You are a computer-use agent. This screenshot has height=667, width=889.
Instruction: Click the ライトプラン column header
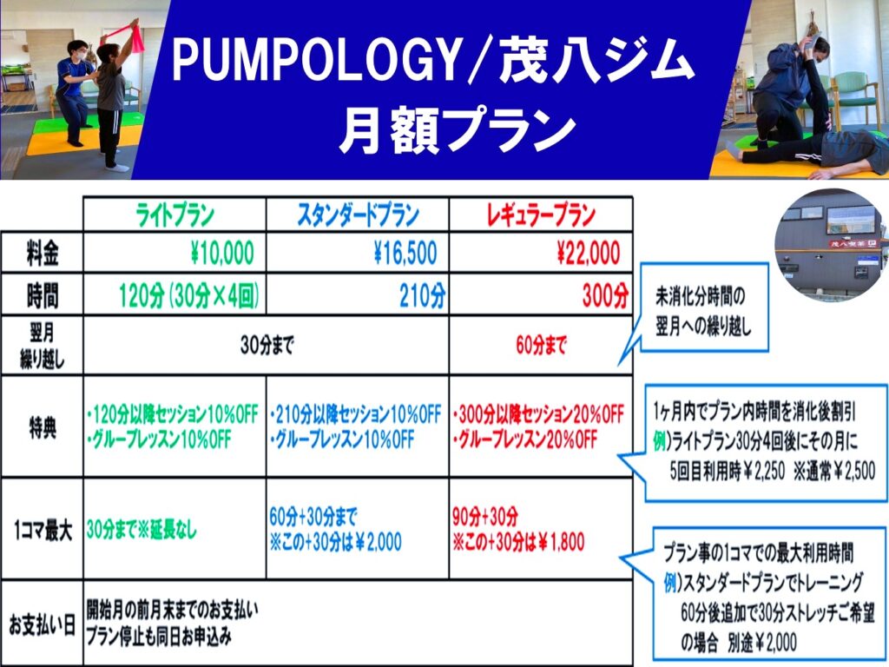coord(175,215)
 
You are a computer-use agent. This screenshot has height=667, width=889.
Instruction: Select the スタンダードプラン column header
coord(358,215)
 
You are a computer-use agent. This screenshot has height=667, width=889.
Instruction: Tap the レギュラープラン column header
coord(541,215)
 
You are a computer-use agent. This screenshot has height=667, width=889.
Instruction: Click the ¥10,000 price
coord(222,254)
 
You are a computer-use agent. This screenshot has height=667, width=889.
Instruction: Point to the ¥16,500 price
coord(405,254)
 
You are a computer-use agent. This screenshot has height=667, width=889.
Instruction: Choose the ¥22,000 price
coord(589,254)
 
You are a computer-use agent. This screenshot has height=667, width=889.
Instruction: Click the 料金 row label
coord(42,253)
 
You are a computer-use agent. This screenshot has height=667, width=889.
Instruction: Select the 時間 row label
coord(42,295)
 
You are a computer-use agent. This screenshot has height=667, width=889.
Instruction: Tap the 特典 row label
coord(42,427)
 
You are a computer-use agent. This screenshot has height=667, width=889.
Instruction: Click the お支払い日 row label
coord(42,625)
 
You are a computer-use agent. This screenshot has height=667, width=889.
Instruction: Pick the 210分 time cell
coord(423,295)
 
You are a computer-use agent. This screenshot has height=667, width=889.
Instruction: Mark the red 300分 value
coord(605,295)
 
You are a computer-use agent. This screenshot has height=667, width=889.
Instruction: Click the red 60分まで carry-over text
coord(541,345)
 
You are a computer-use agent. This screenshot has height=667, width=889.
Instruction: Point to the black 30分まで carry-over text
coord(267,345)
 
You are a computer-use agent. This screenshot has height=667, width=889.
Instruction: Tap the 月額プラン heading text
coord(458,132)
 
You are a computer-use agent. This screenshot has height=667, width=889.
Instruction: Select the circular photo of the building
coord(831,246)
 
